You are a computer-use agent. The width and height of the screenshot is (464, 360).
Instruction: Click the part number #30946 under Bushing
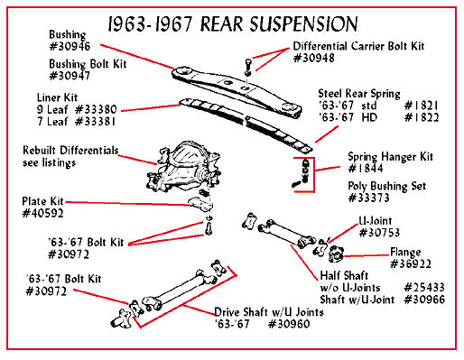[70, 46]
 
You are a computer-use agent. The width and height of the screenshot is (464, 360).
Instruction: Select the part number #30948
[314, 58]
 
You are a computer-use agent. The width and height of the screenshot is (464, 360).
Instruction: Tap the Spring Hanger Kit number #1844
[366, 168]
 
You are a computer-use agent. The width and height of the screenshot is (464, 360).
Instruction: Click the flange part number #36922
[411, 263]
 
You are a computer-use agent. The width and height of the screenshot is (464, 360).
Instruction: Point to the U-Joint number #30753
[379, 233]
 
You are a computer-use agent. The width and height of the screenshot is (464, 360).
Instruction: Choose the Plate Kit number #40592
[43, 213]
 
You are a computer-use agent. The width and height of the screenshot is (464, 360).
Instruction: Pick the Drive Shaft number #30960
[289, 324]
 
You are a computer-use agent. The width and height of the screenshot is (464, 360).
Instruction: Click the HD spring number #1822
[422, 117]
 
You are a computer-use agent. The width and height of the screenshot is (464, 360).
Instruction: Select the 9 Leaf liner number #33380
[96, 109]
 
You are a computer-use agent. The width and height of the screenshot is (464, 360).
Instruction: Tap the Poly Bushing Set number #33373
[368, 198]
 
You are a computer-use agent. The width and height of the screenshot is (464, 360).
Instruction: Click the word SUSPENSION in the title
[304, 23]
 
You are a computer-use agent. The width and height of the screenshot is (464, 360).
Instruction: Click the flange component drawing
[336, 254]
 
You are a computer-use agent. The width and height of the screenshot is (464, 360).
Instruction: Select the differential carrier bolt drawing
[247, 68]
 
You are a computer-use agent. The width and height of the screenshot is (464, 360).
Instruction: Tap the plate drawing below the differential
[200, 205]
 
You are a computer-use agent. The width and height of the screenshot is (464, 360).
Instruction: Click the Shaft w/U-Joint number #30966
[424, 300]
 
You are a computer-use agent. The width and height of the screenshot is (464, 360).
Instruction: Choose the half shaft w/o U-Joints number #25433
[424, 288]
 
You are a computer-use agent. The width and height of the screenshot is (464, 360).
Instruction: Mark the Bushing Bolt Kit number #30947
[70, 76]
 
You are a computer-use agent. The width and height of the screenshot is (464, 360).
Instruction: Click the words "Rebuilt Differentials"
[70, 150]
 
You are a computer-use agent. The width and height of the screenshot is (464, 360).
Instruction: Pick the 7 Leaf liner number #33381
[95, 121]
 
